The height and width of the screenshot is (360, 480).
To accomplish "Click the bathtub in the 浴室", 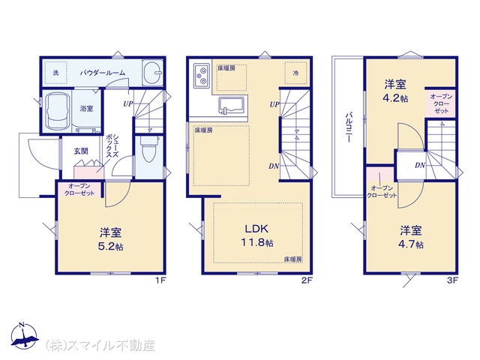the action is (57, 112).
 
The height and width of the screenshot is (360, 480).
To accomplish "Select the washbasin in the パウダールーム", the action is (152, 72).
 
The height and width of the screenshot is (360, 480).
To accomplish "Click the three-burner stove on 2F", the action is (201, 75).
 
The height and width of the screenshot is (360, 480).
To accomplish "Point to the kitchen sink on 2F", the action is (231, 106).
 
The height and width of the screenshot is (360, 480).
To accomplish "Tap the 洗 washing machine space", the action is (55, 73).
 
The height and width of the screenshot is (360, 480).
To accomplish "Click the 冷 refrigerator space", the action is (295, 73).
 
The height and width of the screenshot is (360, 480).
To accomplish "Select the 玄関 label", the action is (81, 151).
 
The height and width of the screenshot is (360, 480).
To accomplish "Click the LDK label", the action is (256, 229).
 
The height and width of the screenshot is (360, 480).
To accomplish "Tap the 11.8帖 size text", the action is (256, 243).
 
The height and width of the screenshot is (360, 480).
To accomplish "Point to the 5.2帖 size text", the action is (110, 247).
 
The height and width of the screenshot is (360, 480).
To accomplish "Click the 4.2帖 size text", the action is (395, 98).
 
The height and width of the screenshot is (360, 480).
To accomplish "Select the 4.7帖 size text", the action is (411, 244).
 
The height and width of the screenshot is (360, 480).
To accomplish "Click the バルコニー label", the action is (348, 127).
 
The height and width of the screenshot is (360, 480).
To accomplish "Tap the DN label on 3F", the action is (420, 165).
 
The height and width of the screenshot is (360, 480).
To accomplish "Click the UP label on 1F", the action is (128, 103).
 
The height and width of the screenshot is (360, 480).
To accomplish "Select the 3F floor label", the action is (452, 280).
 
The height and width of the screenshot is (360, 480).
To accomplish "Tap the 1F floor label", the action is (160, 280).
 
